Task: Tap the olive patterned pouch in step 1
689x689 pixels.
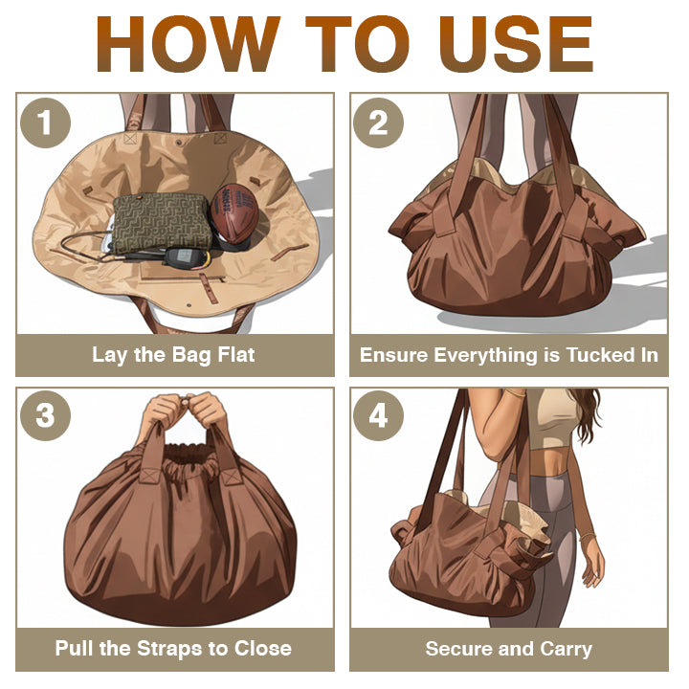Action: [x=161, y=219]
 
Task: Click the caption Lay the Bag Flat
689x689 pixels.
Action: [x=173, y=355]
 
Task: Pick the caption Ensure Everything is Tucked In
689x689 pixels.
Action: [x=508, y=355]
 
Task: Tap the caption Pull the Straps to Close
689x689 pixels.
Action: [x=173, y=648]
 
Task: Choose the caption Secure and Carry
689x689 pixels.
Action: [x=508, y=648]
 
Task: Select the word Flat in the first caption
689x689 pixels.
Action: [x=235, y=355]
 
